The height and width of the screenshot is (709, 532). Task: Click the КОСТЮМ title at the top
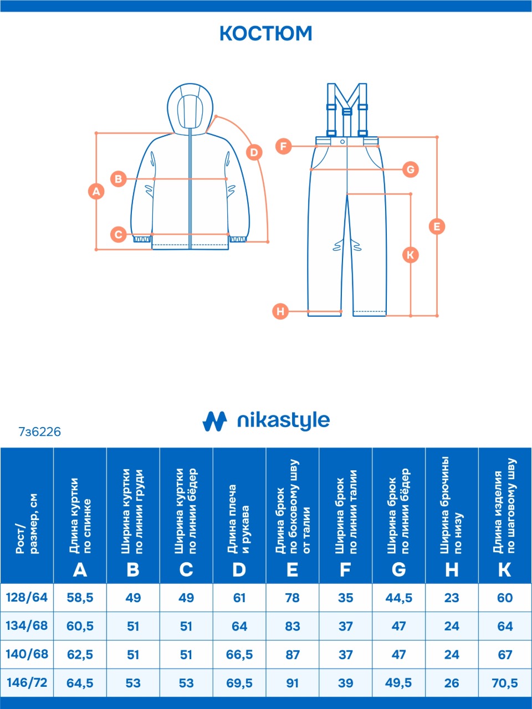pos(266,34)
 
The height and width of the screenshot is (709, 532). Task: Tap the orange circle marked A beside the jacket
pos(96,192)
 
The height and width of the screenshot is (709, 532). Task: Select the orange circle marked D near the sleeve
pos(254,152)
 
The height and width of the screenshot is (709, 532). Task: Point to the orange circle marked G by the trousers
pos(410,169)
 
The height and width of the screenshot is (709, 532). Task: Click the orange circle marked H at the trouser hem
pos(280,311)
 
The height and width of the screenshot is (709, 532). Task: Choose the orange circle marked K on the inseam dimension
pos(410,255)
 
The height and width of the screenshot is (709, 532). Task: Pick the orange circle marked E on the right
pos(437,226)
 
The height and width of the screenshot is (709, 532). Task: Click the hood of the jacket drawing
pos(190,108)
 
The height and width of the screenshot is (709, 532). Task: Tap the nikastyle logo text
pos(283,421)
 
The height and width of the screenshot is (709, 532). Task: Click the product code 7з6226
pos(40,431)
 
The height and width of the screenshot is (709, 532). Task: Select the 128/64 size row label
pos(27,598)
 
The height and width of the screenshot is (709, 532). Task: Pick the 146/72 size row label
pos(27,682)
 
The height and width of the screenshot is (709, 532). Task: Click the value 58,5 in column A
pos(80,598)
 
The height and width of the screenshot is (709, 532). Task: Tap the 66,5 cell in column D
pos(239,655)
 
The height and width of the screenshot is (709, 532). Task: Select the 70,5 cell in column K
pos(505,683)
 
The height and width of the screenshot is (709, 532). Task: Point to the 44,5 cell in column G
pos(398,598)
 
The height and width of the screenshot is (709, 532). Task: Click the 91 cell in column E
pos(292,683)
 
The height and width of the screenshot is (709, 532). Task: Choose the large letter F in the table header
pos(345,569)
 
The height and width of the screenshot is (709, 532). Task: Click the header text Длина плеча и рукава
pos(239,520)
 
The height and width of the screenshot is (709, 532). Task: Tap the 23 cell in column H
pos(452,598)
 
